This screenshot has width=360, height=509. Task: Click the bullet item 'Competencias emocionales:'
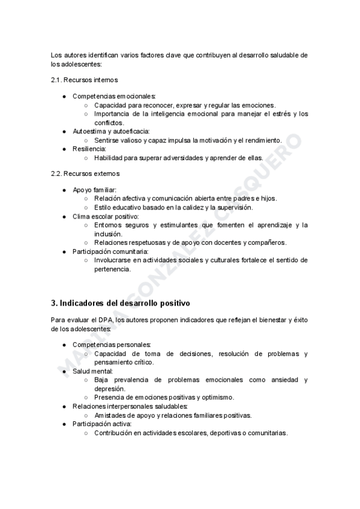[114, 96]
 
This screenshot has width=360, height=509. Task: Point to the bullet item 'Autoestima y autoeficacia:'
[111, 131]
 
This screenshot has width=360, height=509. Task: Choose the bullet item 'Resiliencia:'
[89, 148]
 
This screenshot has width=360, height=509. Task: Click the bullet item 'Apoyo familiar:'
[95, 190]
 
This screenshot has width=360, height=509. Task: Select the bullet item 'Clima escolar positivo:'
[106, 216]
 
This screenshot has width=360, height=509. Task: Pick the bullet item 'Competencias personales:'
[112, 345]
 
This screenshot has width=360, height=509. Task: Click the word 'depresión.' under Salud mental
[109, 389]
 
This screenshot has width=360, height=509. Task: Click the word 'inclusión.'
[108, 233]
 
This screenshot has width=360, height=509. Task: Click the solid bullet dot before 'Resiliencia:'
[64, 148]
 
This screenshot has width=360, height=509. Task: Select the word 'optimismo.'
[217, 397]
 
